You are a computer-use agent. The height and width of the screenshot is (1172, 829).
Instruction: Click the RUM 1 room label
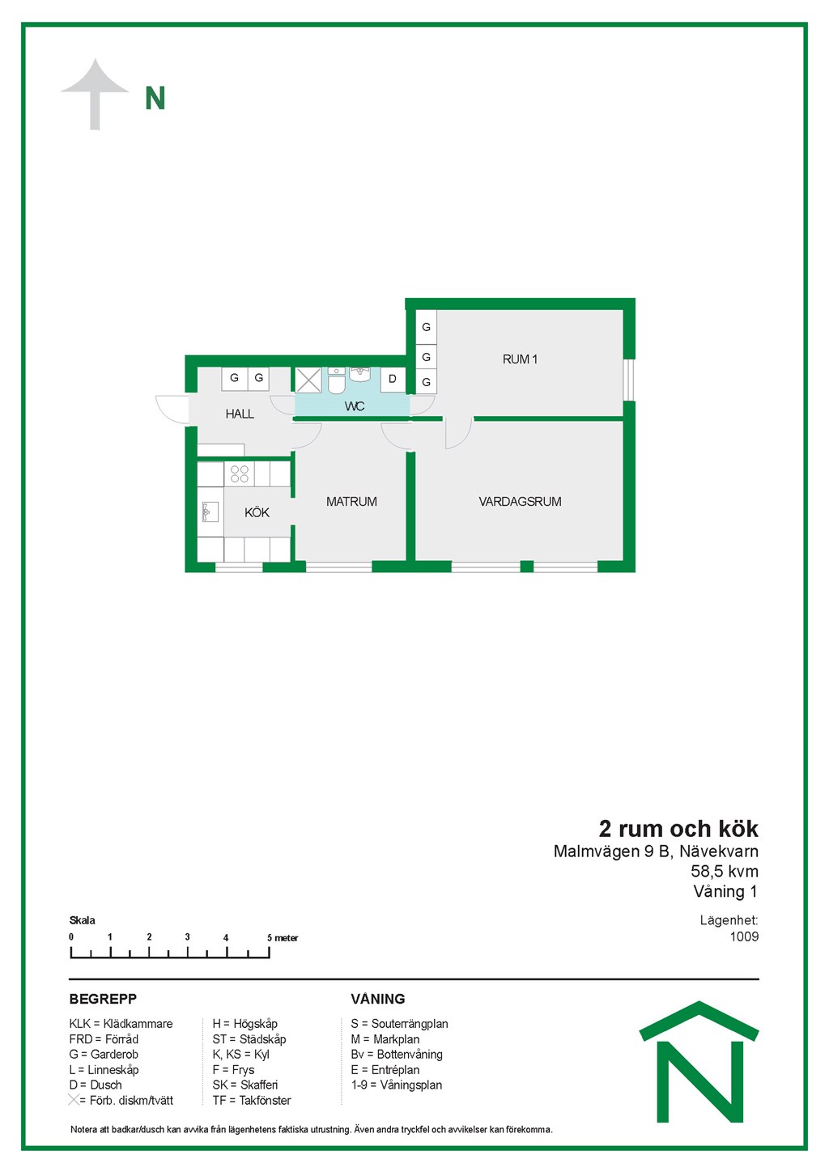pyautogui.click(x=520, y=359)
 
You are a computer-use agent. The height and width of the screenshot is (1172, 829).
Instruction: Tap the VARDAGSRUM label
pyautogui.click(x=520, y=501)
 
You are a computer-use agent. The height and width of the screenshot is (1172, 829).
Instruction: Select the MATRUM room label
pyautogui.click(x=351, y=501)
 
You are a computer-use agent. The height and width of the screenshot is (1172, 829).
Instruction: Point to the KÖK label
pyautogui.click(x=257, y=512)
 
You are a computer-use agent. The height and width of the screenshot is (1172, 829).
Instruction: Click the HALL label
pyautogui.click(x=240, y=414)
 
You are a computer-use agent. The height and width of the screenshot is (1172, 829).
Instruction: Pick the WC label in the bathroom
pyautogui.click(x=355, y=406)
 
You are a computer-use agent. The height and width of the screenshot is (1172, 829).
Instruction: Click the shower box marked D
pyautogui.click(x=393, y=379)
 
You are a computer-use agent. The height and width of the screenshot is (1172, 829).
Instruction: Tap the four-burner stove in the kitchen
pyautogui.click(x=239, y=473)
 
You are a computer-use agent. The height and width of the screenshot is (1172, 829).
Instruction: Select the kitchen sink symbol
pyautogui.click(x=210, y=512)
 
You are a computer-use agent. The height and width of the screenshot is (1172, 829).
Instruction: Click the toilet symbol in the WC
pyautogui.click(x=337, y=381)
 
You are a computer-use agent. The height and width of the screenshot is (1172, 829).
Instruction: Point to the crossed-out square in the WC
pyautogui.click(x=308, y=380)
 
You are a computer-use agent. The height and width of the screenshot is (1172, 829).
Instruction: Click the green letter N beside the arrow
pyautogui.click(x=155, y=98)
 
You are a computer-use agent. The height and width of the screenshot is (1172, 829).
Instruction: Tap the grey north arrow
pyautogui.click(x=95, y=94)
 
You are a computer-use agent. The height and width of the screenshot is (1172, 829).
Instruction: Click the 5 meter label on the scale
pyautogui.click(x=283, y=938)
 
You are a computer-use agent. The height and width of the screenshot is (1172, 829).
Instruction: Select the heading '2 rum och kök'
pyautogui.click(x=678, y=829)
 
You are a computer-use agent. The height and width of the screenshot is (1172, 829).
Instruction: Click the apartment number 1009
pyautogui.click(x=744, y=936)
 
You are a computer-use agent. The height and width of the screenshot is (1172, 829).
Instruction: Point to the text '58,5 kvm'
pyautogui.click(x=725, y=871)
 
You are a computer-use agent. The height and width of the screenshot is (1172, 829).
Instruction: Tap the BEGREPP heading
pyautogui.click(x=103, y=999)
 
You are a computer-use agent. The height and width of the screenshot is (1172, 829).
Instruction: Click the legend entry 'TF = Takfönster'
pyautogui.click(x=252, y=1100)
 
